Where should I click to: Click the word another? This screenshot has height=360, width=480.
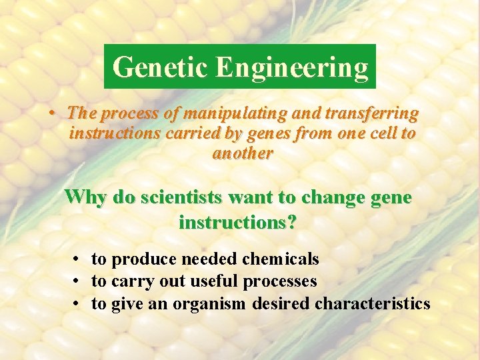243,153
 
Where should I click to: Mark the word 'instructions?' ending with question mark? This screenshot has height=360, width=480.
238,222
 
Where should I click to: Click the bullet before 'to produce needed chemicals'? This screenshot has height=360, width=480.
78,259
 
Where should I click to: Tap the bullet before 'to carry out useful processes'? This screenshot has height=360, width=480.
78,281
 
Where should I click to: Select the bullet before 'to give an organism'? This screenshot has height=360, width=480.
78,304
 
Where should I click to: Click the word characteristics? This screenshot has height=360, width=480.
373,304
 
